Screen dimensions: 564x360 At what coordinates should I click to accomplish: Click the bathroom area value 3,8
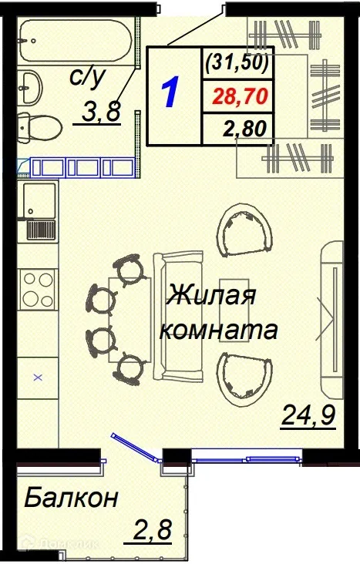coord(102,112)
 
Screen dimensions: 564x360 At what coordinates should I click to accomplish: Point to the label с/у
coord(86,78)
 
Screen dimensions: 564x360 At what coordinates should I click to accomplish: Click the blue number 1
coord(171,94)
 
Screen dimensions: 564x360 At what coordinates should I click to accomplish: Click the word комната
coord(217,331)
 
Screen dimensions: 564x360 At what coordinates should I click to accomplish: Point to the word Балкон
coord(71,499)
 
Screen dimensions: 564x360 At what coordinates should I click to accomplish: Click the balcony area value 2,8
coord(151,532)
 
